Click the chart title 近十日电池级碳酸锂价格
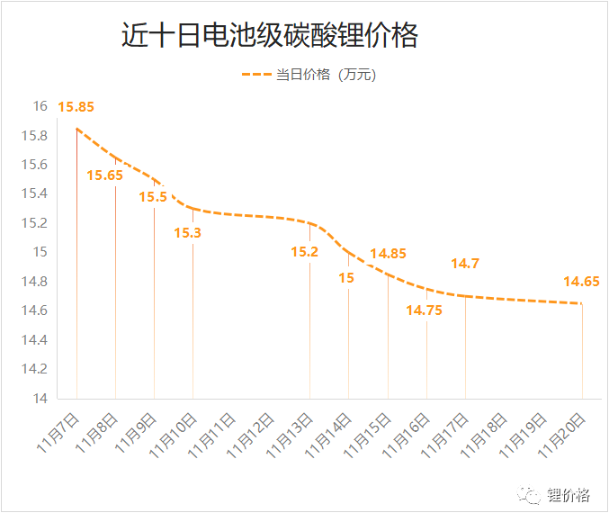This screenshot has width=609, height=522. tap(270, 36)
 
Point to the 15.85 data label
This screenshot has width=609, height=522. tap(76, 107)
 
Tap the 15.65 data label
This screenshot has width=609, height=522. tap(104, 175)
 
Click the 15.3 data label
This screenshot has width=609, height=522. tap(187, 232)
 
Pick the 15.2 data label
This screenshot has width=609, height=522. tap(304, 252)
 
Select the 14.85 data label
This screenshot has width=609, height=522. tap(388, 254)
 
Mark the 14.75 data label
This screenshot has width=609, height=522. tap(424, 310)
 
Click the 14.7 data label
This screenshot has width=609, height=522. tap(465, 264)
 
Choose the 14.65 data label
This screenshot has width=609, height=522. tap(581, 282)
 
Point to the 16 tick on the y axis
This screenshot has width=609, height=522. tap(40, 106)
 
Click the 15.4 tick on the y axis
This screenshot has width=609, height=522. tap(34, 193)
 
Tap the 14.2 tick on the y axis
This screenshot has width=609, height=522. tap(34, 369)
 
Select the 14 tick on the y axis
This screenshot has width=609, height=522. tap(40, 398)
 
